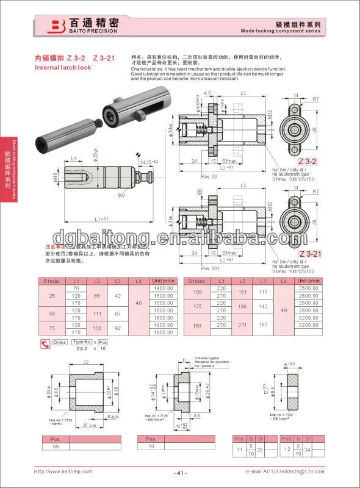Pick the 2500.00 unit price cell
309,287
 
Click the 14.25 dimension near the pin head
148,162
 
